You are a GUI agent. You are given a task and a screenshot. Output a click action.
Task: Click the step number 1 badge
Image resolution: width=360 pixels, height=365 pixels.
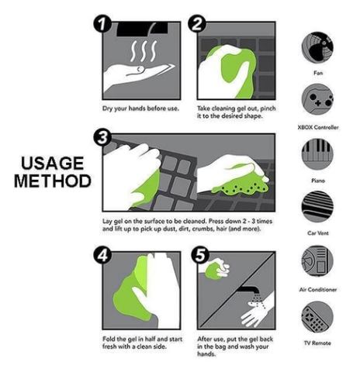tap(102, 24)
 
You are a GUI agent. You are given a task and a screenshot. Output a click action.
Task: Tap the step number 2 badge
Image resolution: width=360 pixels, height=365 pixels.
tap(197, 24)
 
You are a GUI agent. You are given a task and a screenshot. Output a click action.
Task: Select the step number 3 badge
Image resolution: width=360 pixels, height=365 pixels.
tap(102, 138)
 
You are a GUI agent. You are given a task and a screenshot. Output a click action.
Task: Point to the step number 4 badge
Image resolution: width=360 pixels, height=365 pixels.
tap(102, 256)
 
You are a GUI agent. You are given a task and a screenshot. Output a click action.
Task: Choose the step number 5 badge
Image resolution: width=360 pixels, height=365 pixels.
tap(200, 256)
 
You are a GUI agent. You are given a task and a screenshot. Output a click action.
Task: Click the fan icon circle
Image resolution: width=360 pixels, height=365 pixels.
tap(317, 47)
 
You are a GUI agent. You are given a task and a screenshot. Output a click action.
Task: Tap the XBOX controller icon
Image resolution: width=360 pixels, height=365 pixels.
tap(317, 99)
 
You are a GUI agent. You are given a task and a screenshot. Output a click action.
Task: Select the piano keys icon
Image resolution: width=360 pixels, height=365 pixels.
tap(317, 154)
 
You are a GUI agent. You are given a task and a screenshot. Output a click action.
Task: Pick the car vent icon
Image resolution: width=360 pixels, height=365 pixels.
tap(317, 207)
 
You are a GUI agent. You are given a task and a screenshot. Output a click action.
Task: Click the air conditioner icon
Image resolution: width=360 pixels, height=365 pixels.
tap(317, 261)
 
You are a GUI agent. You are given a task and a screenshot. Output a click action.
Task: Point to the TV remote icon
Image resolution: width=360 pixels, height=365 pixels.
tap(317, 317)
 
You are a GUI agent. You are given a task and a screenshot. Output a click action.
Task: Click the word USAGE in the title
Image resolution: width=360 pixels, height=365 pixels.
tap(53, 164)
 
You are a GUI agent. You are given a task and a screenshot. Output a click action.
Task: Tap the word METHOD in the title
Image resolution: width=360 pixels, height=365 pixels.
tap(53, 181)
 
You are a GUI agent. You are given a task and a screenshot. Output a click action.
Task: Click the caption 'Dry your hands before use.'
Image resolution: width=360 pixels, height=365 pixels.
tap(140, 108)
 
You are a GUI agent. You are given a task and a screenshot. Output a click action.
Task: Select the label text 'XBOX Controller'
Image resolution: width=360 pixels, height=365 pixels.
tap(318, 127)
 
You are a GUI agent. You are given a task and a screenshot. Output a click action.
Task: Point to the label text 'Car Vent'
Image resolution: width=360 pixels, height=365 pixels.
tap(318, 233)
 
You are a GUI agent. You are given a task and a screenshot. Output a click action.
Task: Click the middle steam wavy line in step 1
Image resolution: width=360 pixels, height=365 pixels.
tap(144, 50)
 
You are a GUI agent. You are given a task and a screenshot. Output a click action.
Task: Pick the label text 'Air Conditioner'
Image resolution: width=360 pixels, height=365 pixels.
tap(318, 290)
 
